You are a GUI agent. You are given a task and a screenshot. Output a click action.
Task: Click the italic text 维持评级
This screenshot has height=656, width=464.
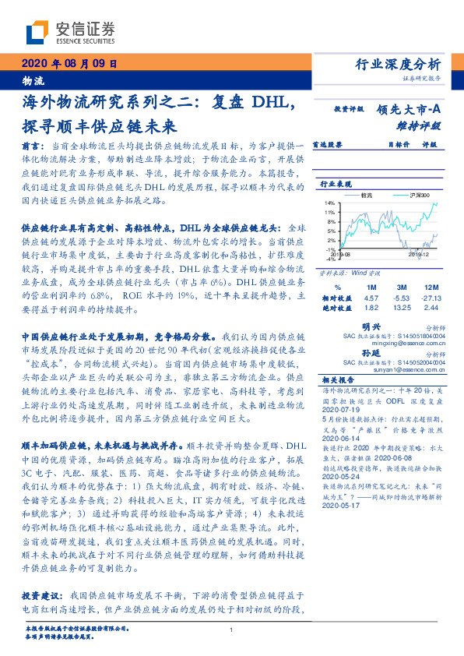[421, 125]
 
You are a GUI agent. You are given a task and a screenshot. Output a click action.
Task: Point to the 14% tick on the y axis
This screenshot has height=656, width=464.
[330, 203]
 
